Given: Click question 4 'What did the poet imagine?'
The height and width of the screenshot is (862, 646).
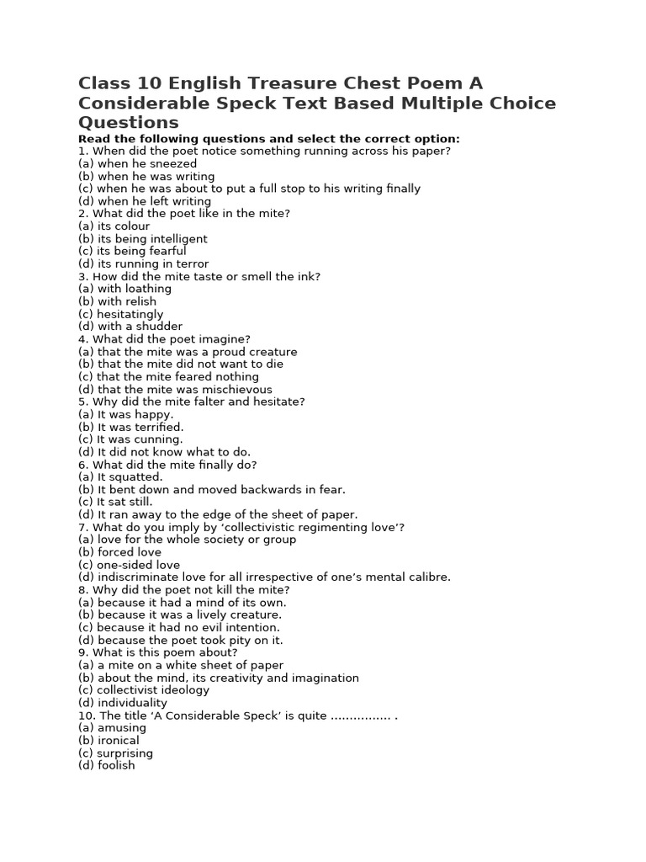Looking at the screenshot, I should coord(164,339).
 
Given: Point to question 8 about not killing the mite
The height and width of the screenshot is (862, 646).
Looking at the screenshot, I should coord(183,590).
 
